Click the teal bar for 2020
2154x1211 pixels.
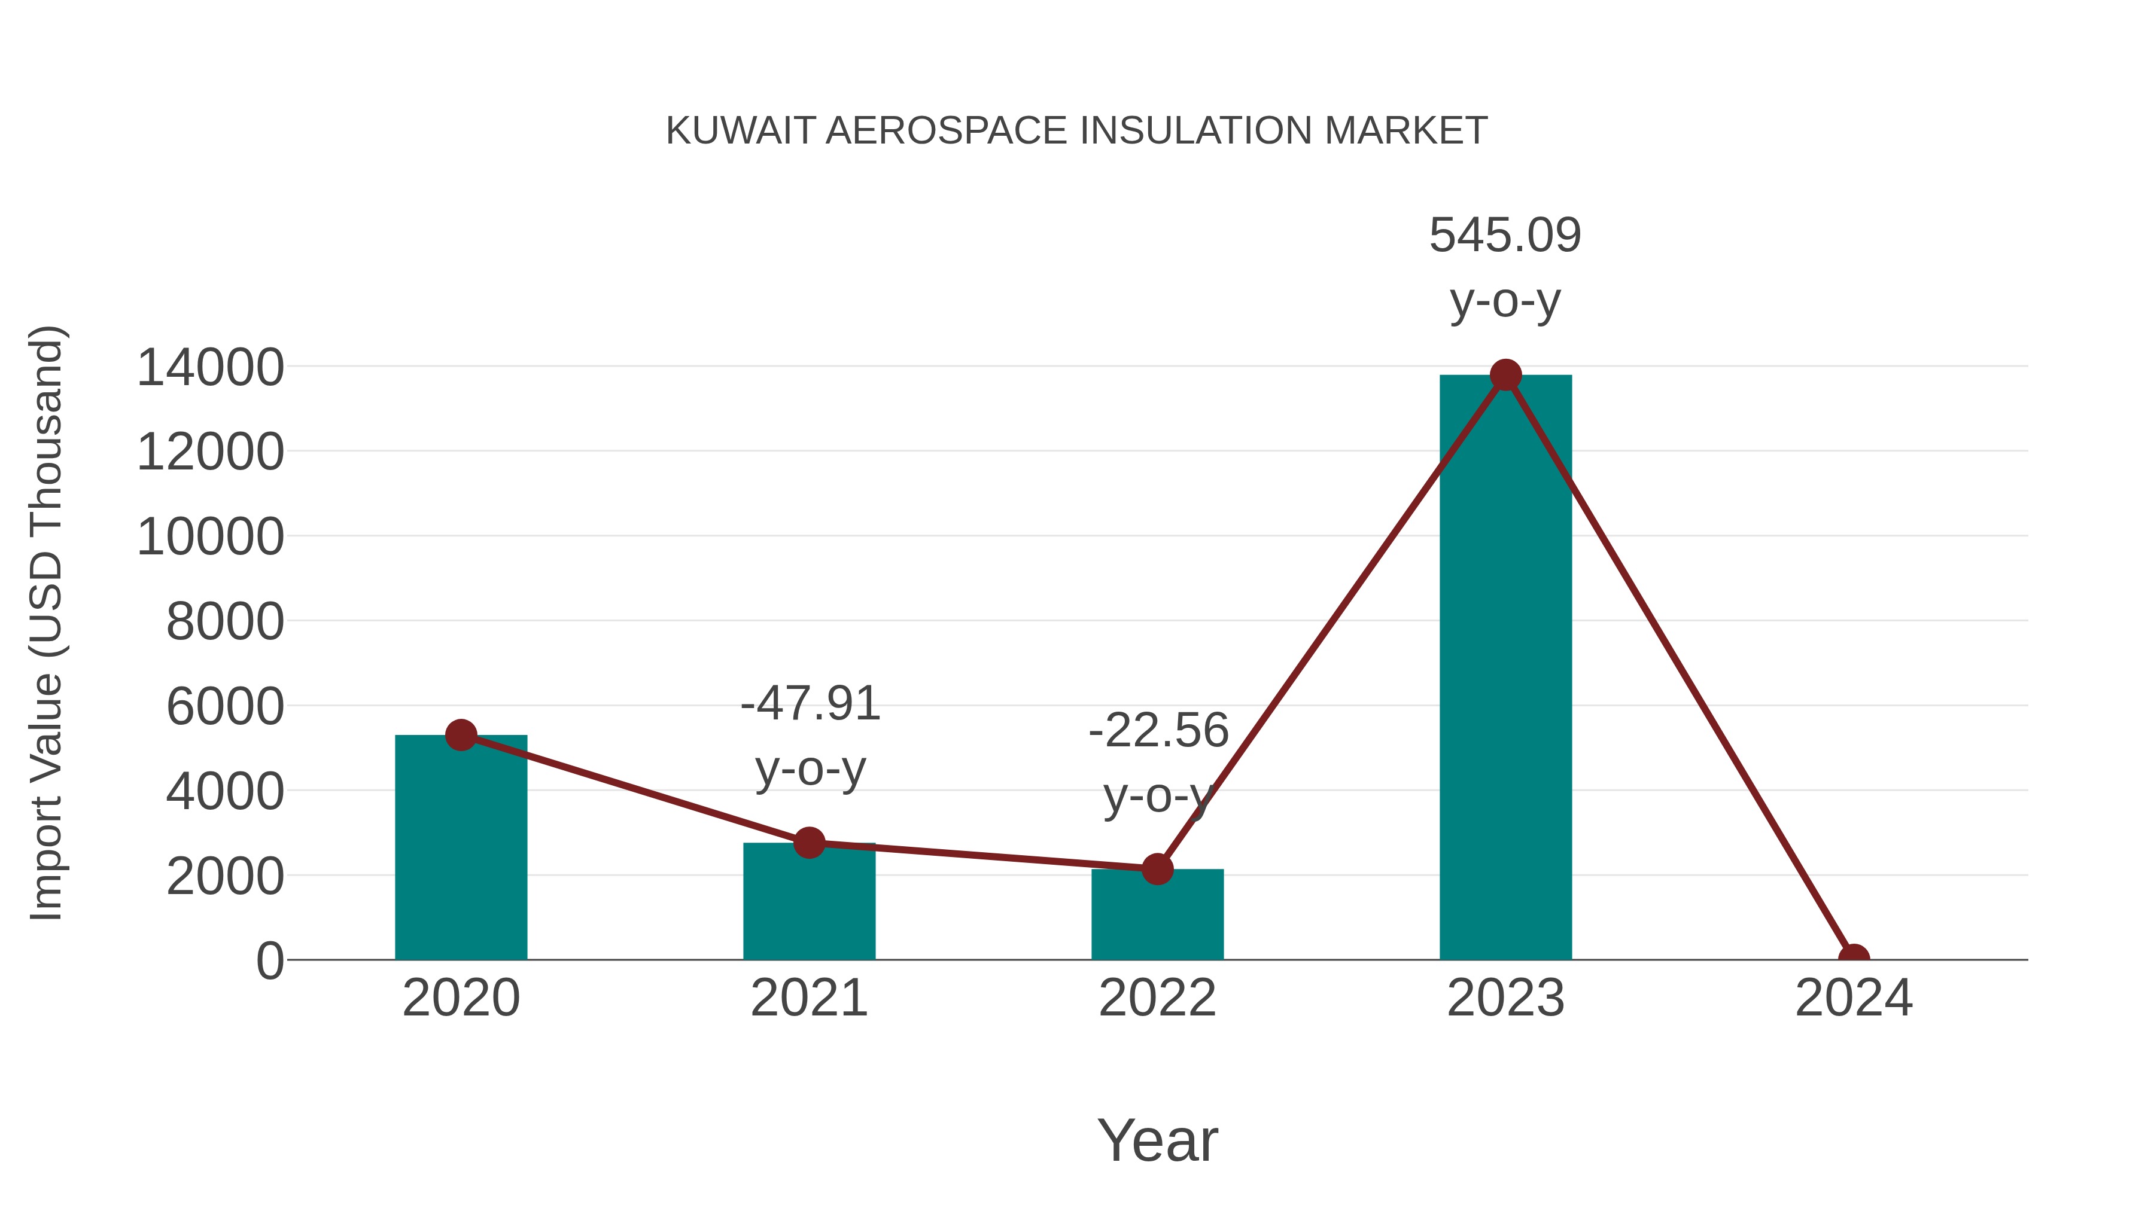coord(461,852)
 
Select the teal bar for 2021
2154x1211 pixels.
coord(808,907)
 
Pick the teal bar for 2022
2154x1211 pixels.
coord(1157,919)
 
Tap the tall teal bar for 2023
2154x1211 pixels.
coord(1505,669)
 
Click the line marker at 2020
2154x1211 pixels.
coord(461,736)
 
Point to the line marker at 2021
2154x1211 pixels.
coord(808,843)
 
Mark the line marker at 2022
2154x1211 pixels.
coord(1157,869)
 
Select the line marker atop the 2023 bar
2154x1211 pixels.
coord(1505,375)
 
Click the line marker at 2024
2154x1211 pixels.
coord(1854,958)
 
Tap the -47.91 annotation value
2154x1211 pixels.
coord(810,704)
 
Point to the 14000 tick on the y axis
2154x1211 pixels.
coord(210,368)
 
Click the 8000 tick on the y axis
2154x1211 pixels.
coord(225,622)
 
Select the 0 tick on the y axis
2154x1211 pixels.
coord(269,961)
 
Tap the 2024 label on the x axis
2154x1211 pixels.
coord(1854,998)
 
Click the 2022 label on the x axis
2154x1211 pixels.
coord(1157,998)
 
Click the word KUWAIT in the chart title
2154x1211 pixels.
coord(740,131)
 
